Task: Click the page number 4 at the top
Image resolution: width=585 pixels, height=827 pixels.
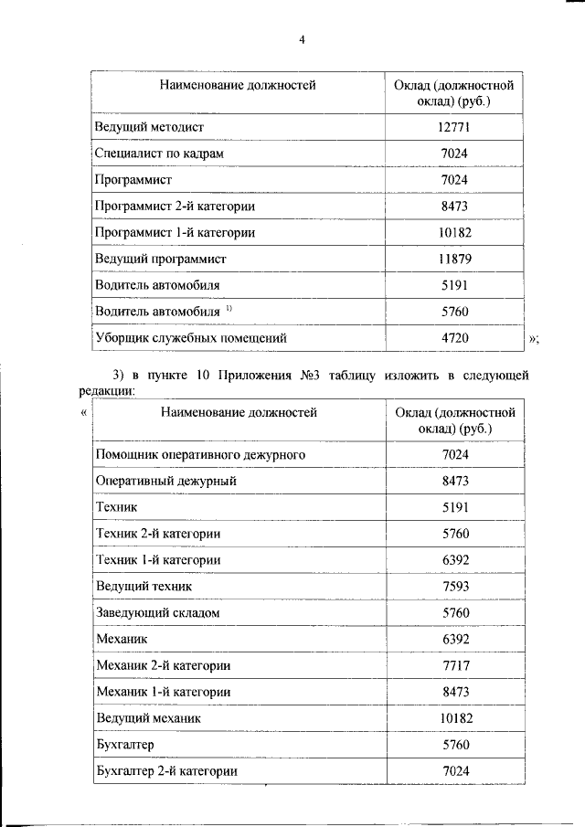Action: click(x=301, y=38)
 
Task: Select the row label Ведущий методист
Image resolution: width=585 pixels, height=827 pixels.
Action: click(x=149, y=127)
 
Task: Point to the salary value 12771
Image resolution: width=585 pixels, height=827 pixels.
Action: click(x=454, y=127)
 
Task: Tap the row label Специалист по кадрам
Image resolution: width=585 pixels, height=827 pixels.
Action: click(x=159, y=154)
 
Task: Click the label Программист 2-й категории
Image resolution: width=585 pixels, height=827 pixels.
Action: click(x=175, y=207)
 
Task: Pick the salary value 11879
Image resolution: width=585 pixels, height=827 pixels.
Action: click(x=454, y=260)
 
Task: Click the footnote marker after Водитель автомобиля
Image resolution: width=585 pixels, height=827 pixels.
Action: click(x=229, y=309)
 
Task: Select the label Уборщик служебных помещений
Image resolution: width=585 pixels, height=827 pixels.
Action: click(x=191, y=339)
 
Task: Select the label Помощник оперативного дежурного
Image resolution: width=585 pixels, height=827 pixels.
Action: click(x=200, y=454)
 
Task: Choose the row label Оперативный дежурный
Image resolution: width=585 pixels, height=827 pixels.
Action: click(x=166, y=481)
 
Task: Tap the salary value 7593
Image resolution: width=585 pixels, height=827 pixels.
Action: click(x=454, y=586)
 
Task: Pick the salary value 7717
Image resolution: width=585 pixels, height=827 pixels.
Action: click(x=454, y=665)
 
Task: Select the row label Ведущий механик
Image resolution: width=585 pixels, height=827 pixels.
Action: click(x=148, y=718)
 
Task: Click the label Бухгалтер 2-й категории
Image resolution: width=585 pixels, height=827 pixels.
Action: click(x=167, y=771)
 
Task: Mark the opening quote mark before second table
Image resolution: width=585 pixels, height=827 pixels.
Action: click(x=84, y=412)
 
